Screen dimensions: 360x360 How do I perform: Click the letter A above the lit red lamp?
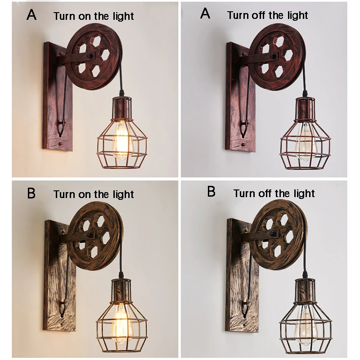tap(31, 14)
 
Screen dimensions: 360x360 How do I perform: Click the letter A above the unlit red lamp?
tap(205, 13)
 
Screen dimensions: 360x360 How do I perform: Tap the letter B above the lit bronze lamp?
tap(31, 193)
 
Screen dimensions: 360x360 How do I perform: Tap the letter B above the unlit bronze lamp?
tap(211, 192)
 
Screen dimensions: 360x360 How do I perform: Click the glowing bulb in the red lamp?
tap(121, 140)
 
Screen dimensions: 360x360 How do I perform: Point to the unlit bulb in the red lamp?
tap(305, 141)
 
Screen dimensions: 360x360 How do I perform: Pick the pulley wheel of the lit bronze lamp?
tap(94, 236)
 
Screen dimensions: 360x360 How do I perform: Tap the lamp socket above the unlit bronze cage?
tap(306, 290)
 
